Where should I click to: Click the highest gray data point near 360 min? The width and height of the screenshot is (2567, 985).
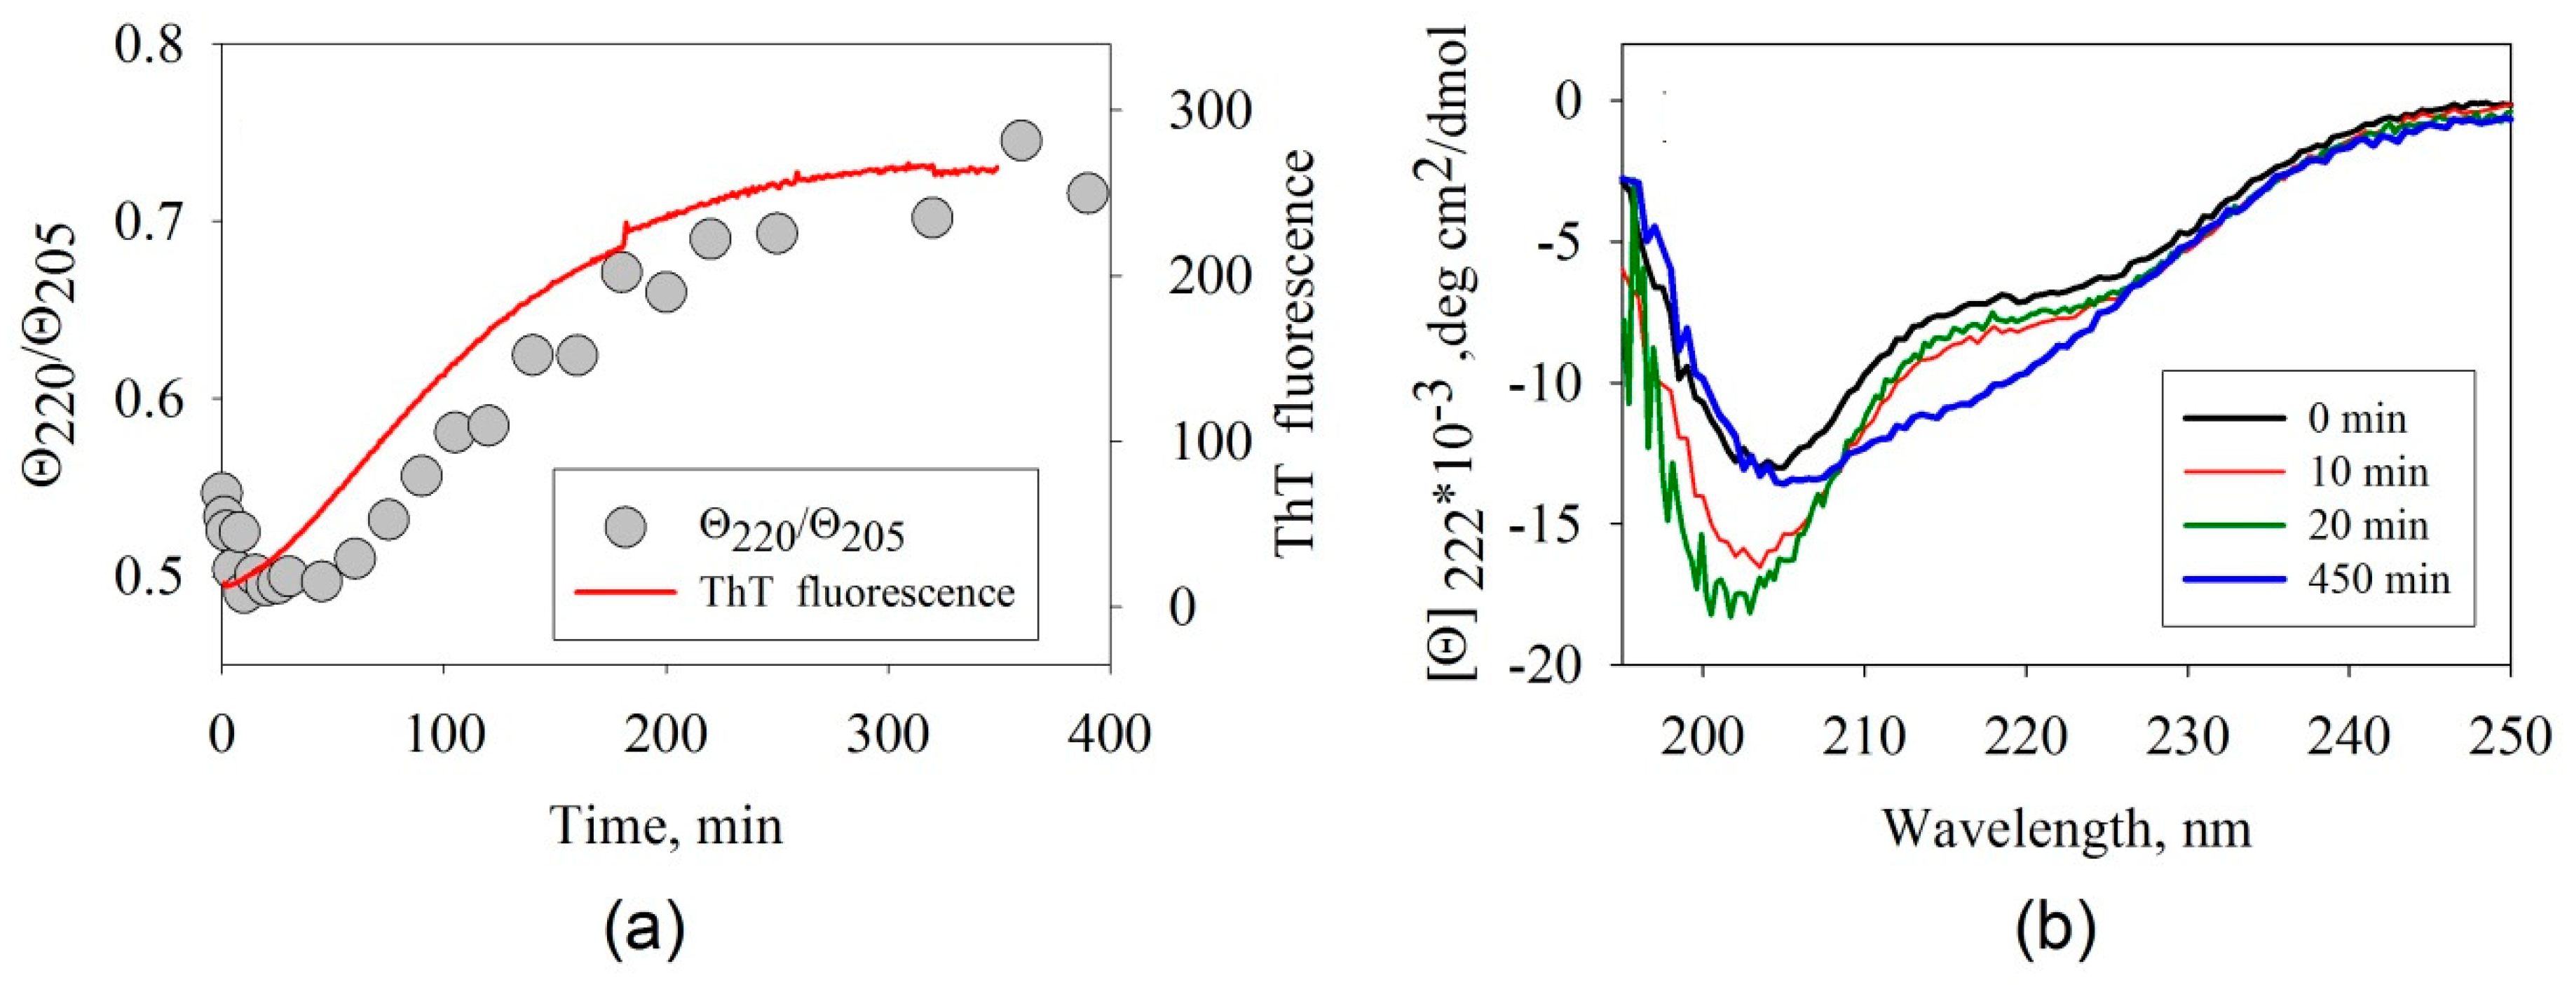coord(1021,140)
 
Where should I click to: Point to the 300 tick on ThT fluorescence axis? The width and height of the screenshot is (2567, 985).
coord(1210,111)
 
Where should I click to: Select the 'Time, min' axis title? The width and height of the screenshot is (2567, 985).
coord(667,826)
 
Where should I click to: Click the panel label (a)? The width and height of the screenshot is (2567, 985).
coord(645,929)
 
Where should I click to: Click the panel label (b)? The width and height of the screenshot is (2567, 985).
coord(2056,929)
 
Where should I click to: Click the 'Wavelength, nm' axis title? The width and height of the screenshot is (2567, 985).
coord(2066,827)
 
